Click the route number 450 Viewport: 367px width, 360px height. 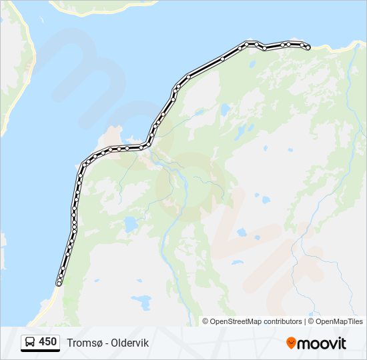(47, 342)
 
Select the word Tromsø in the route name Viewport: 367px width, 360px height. (83, 343)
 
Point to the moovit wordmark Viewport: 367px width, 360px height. (322, 343)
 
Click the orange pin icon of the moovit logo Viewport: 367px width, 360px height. (291, 343)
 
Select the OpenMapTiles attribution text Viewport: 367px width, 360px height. (340, 321)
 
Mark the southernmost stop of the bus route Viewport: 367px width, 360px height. (59, 284)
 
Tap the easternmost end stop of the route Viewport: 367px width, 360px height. (308, 47)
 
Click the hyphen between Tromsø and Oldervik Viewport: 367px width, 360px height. (106, 343)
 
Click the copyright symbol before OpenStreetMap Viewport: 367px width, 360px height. (206, 321)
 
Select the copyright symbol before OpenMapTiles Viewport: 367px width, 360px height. (312, 321)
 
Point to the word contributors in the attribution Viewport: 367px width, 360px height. (283, 321)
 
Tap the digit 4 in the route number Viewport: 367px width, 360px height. (42, 342)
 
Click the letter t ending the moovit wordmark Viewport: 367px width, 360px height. (344, 343)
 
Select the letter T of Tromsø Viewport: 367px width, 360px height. (69, 343)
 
